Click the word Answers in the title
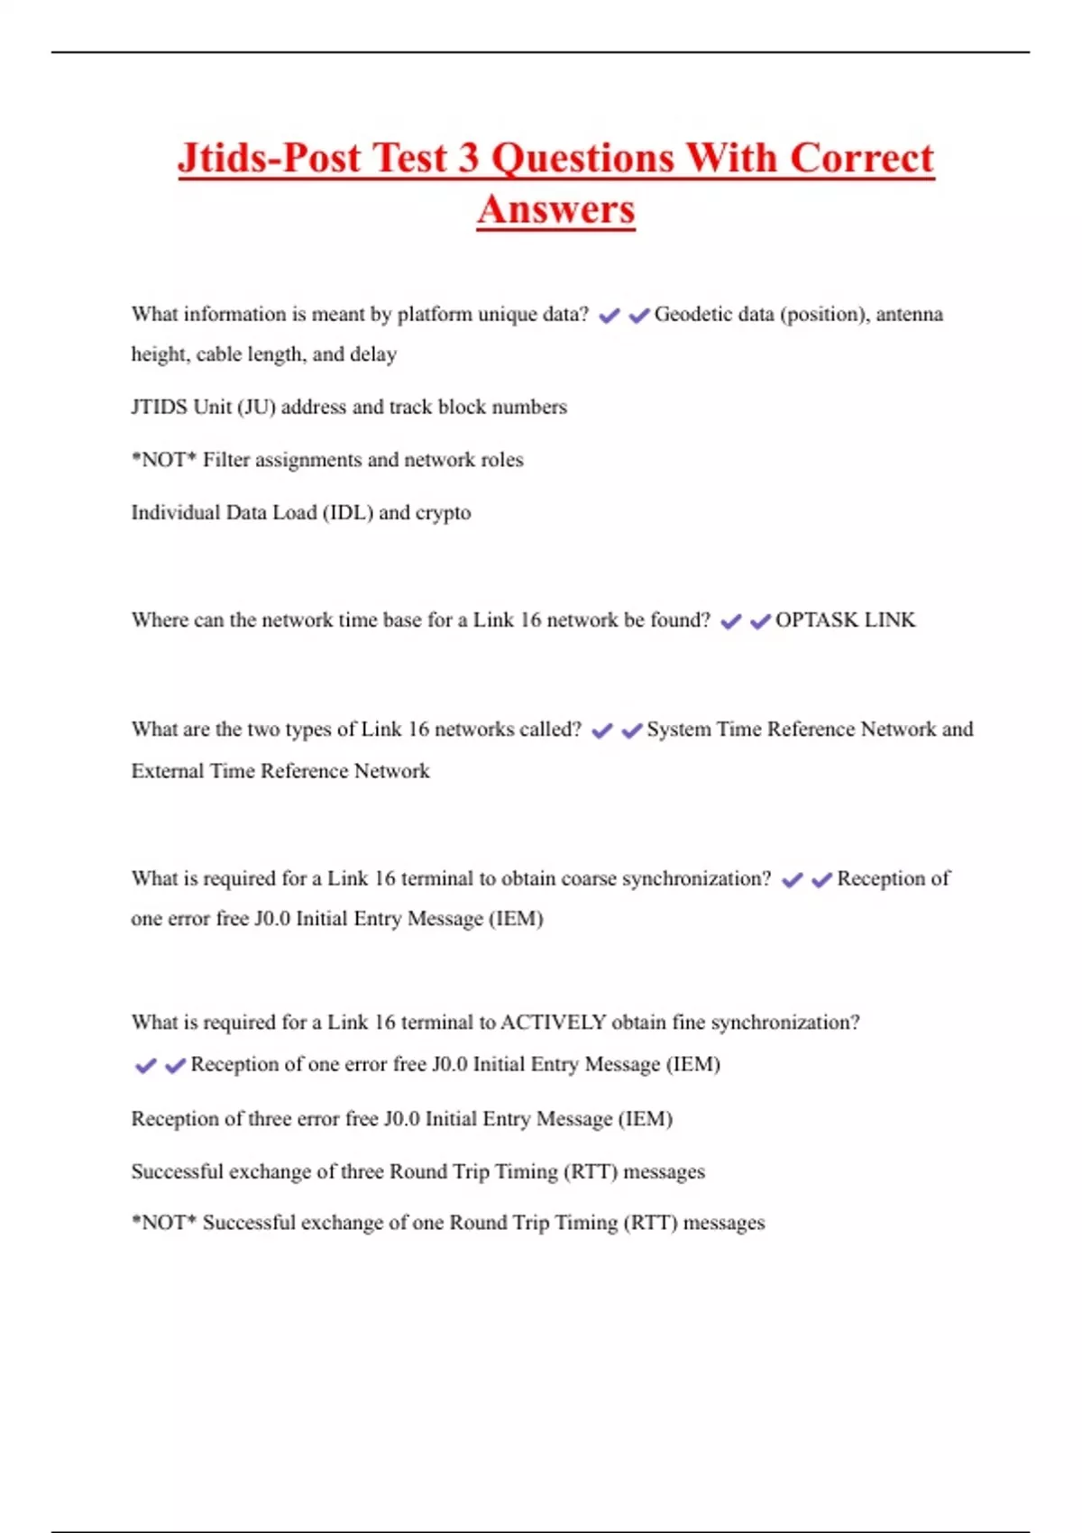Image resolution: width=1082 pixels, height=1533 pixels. [x=555, y=210]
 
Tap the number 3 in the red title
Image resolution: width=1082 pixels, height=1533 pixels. [x=467, y=159]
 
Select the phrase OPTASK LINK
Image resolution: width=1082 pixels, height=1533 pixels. [x=845, y=620]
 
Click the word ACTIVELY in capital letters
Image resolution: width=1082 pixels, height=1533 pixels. [x=553, y=1023]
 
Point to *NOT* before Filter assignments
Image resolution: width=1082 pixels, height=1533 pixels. [x=163, y=460]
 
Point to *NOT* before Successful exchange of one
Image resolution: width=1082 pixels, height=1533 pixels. [x=163, y=1223]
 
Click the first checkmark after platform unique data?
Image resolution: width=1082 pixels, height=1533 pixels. [x=610, y=316]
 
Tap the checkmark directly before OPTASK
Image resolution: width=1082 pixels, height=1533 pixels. [x=760, y=621]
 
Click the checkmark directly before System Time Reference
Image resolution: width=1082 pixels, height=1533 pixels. [x=631, y=730]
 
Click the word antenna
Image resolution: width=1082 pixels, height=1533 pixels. [x=909, y=315]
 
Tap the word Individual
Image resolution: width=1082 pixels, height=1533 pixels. [x=176, y=513]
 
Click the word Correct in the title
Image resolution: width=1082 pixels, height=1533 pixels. [x=861, y=159]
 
